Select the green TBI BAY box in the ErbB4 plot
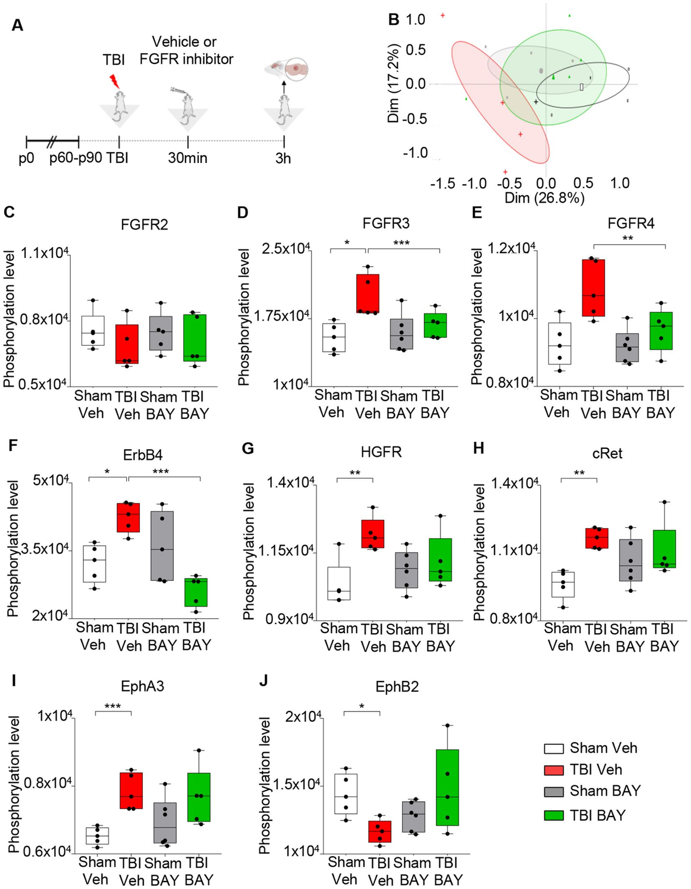tap(195, 592)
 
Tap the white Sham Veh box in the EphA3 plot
tap(97, 835)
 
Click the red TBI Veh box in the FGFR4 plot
tap(593, 287)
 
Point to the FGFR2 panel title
tap(145, 225)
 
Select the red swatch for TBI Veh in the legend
tap(553, 770)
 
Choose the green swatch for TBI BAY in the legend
tap(553, 815)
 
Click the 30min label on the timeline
tap(188, 158)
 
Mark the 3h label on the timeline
tap(283, 158)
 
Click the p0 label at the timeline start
tap(26, 158)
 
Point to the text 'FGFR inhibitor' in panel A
tap(187, 59)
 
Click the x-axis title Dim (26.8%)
tap(544, 198)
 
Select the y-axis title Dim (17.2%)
tap(394, 83)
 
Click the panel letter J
tap(263, 687)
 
